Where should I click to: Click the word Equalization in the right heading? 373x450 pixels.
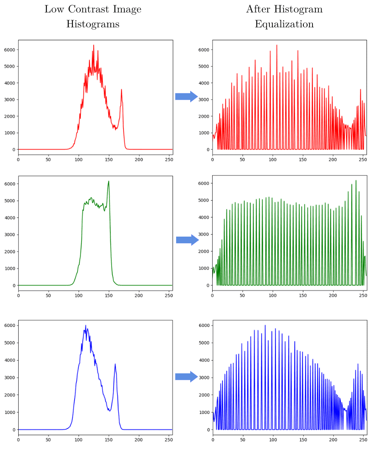(284, 24)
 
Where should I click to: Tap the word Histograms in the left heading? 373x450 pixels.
(93, 24)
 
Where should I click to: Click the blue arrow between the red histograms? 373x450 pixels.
(186, 97)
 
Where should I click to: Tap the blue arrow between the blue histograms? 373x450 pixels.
(186, 377)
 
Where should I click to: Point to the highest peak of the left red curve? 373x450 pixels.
(94, 45)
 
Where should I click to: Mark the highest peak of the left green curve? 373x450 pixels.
(109, 181)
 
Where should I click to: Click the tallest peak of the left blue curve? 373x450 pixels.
(86, 326)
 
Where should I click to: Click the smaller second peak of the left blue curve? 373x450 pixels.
(115, 364)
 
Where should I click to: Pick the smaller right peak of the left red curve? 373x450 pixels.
(121, 90)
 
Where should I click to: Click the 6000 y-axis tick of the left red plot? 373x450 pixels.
(10, 50)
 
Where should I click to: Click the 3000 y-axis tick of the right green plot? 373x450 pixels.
(204, 235)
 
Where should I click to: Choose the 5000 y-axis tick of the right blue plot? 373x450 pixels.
(204, 343)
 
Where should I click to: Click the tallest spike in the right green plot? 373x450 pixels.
(356, 181)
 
